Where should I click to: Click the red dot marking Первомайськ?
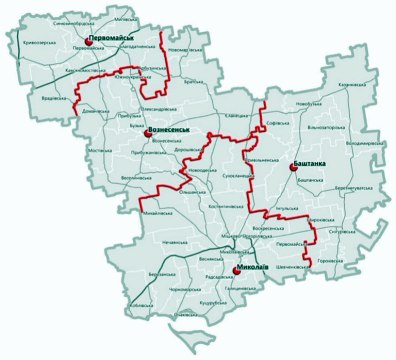(87, 41)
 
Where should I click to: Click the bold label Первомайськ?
(112, 38)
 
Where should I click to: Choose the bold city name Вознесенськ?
(169, 130)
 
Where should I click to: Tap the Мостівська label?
(101, 151)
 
